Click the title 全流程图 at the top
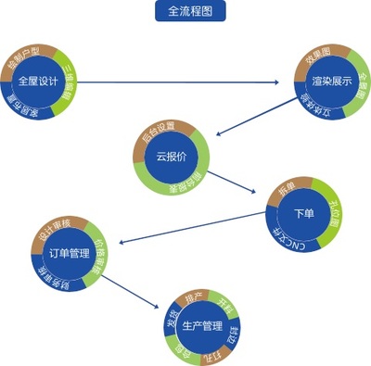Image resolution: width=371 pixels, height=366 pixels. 188,11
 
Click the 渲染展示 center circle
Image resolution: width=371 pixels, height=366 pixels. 331,81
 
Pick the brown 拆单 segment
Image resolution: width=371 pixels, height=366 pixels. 284,192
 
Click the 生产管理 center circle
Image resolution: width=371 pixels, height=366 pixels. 201,327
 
